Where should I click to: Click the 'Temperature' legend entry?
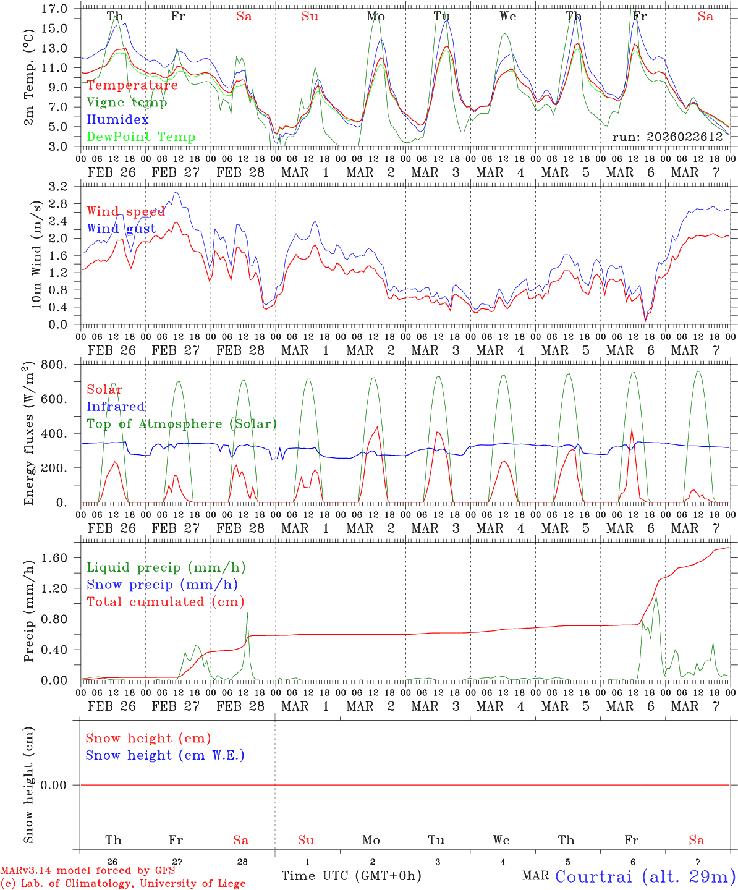point(132,85)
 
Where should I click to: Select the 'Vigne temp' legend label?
point(127,103)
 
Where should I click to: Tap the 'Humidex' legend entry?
point(117,120)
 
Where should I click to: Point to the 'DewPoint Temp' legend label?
point(141,137)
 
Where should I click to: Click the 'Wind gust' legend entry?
point(121,229)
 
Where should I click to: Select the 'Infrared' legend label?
point(116,407)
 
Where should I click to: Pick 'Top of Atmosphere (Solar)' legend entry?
point(182,424)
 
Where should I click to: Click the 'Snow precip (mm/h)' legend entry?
point(162,585)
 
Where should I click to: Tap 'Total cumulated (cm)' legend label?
point(165,602)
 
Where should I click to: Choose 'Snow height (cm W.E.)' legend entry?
point(165,755)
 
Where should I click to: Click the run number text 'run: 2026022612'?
point(667,137)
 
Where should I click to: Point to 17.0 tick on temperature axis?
point(54,9)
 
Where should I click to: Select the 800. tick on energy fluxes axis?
point(54,365)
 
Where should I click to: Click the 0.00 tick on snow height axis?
point(54,785)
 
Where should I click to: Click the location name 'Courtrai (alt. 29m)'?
point(645,876)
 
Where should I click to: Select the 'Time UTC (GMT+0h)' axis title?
point(351,876)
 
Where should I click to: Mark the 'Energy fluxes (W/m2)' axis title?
point(29,434)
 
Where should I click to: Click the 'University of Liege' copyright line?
point(123,883)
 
